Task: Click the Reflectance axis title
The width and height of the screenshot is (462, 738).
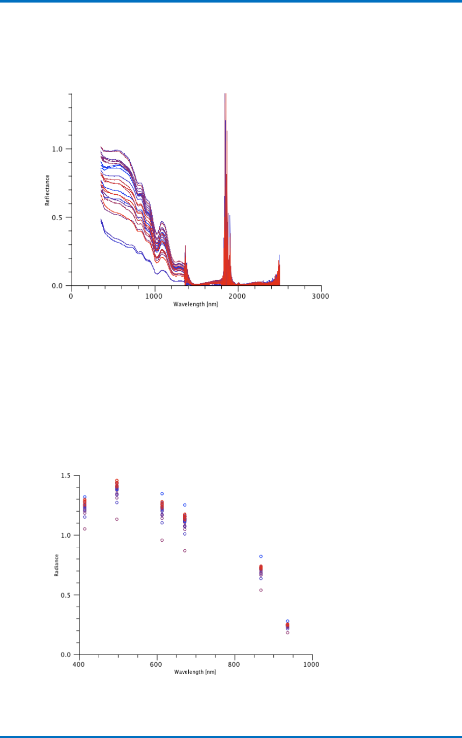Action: pyautogui.click(x=47, y=190)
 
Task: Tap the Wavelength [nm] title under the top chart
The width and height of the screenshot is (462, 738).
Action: pyautogui.click(x=196, y=304)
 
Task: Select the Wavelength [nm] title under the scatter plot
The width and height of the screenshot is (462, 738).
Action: pyautogui.click(x=195, y=672)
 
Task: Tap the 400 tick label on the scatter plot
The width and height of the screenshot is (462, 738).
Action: pyautogui.click(x=78, y=664)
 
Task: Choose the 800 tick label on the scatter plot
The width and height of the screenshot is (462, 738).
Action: pyautogui.click(x=234, y=664)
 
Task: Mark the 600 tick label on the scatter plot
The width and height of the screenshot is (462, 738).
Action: pyautogui.click(x=156, y=664)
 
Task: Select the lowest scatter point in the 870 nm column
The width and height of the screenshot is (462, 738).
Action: pyautogui.click(x=261, y=590)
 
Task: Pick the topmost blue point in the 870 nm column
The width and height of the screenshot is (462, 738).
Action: pyautogui.click(x=261, y=556)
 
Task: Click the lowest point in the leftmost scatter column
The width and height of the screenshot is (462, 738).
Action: pyautogui.click(x=85, y=529)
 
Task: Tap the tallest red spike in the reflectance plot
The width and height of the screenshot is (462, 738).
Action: pyautogui.click(x=225, y=97)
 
